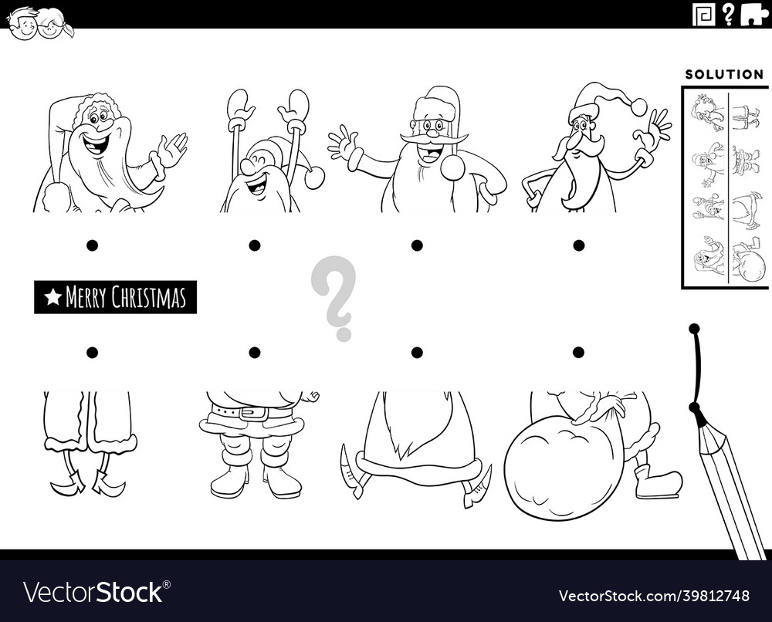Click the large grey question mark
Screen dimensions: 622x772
(334, 297)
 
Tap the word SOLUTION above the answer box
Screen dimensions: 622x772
(724, 75)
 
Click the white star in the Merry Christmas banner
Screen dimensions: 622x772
(52, 297)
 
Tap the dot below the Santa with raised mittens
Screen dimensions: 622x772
(255, 245)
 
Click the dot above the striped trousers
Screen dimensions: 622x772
(93, 353)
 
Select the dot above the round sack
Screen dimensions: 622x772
(579, 353)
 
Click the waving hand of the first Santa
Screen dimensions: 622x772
(173, 148)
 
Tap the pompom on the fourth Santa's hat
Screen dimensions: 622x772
(638, 106)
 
